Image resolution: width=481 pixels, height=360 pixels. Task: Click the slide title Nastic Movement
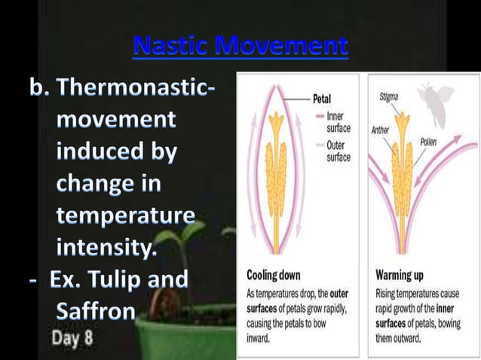point(240,47)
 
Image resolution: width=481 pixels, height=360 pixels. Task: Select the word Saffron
point(95,310)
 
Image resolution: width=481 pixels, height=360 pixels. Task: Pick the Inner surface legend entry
point(338,122)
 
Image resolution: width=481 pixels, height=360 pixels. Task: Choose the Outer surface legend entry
point(338,151)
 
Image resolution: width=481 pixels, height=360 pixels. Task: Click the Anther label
point(381,130)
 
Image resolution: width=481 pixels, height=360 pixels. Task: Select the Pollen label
point(429,142)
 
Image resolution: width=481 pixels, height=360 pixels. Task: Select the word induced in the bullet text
point(115,151)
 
